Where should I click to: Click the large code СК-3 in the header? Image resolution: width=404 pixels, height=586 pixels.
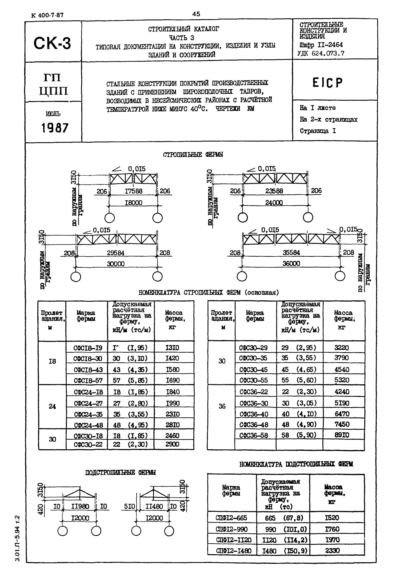(x=52, y=43)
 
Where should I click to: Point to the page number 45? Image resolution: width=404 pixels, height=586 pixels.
(x=196, y=14)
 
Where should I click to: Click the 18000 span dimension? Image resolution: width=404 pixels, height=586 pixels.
(x=133, y=203)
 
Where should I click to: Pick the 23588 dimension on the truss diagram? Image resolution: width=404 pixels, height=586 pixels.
(x=274, y=191)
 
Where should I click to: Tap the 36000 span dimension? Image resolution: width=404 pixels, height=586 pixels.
(x=291, y=264)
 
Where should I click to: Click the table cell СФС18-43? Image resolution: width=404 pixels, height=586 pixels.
(x=88, y=370)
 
